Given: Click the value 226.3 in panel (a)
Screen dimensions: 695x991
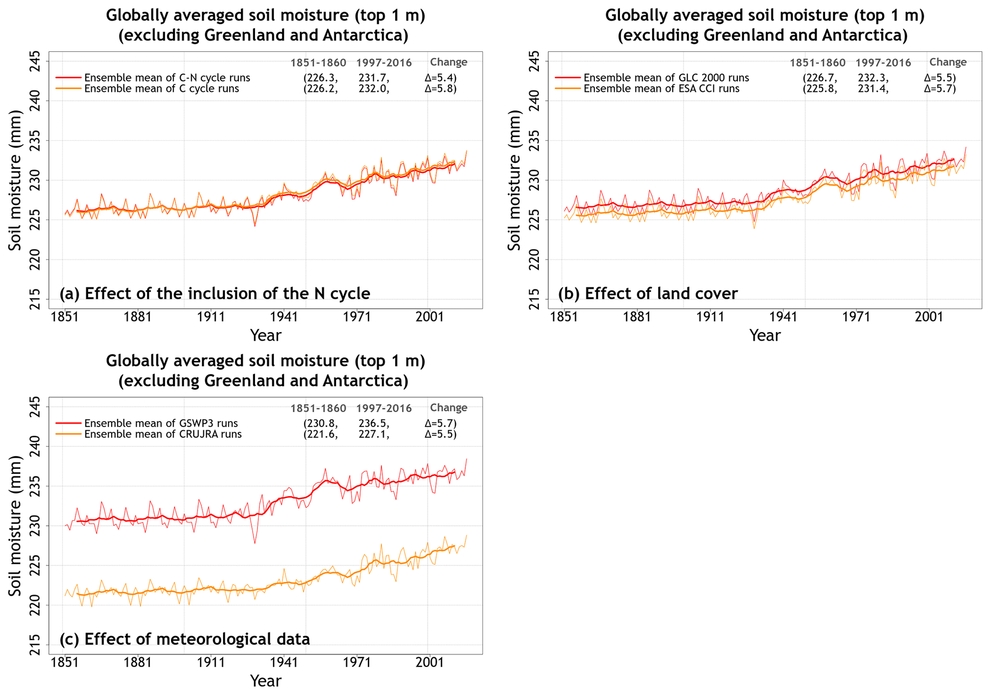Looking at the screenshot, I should coord(321,78).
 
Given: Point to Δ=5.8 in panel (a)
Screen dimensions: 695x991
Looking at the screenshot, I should coord(441,89).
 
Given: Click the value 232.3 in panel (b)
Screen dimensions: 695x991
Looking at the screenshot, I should coord(873,78).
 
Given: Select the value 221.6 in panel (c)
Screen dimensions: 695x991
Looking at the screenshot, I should coord(321,434).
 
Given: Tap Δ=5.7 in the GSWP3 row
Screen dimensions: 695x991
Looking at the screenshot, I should coord(441,423).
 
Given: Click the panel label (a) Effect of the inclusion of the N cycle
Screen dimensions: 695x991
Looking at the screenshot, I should coord(215,293).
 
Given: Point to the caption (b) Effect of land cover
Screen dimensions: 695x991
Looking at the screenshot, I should coord(648,293).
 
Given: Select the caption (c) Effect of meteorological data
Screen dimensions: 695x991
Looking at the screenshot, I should coord(185,639).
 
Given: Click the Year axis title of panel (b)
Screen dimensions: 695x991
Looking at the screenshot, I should coord(765,336).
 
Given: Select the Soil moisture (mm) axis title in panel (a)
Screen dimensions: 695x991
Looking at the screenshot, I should coord(15,180).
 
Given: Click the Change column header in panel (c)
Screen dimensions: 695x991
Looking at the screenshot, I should coord(448,407).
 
